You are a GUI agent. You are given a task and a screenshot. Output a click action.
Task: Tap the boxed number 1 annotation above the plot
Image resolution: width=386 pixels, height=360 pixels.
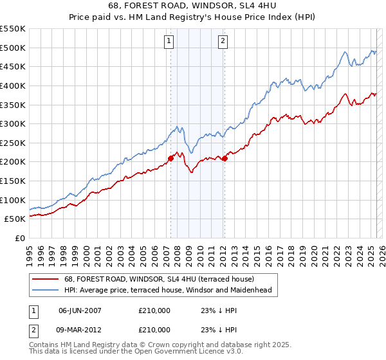(169, 42)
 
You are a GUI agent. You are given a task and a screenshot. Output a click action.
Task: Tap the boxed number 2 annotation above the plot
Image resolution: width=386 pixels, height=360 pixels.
(223, 42)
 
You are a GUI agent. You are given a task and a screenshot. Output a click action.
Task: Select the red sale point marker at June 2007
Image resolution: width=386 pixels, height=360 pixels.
(170, 158)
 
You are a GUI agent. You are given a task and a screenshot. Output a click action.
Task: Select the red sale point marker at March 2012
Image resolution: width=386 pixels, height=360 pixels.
(225, 158)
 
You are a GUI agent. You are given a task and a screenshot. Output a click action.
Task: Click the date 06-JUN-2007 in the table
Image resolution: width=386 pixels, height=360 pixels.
(80, 310)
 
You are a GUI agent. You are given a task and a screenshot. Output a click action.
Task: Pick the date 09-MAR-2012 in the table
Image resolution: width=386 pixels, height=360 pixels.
(80, 329)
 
